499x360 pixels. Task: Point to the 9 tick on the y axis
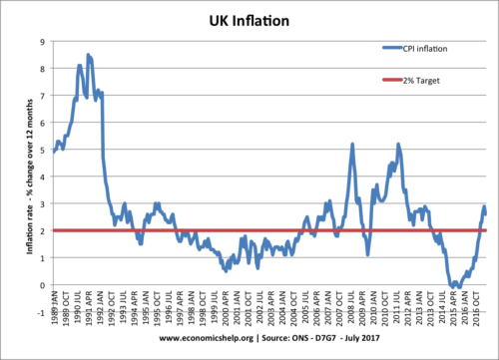click(40, 41)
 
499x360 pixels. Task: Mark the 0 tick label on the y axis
click(40, 285)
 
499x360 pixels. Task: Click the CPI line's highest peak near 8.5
click(88, 55)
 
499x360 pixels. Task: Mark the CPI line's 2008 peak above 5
click(352, 144)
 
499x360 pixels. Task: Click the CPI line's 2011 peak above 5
click(398, 144)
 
